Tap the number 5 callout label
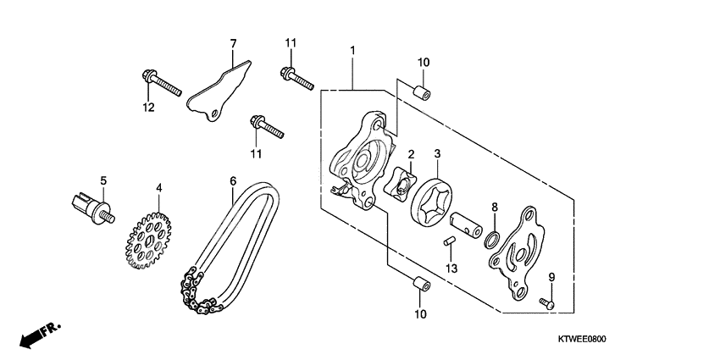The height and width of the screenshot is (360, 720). [103, 180]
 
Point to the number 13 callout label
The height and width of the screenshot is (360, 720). [451, 269]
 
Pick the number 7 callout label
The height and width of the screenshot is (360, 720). [234, 43]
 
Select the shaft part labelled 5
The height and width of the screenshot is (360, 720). [91, 207]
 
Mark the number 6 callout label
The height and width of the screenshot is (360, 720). [232, 180]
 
